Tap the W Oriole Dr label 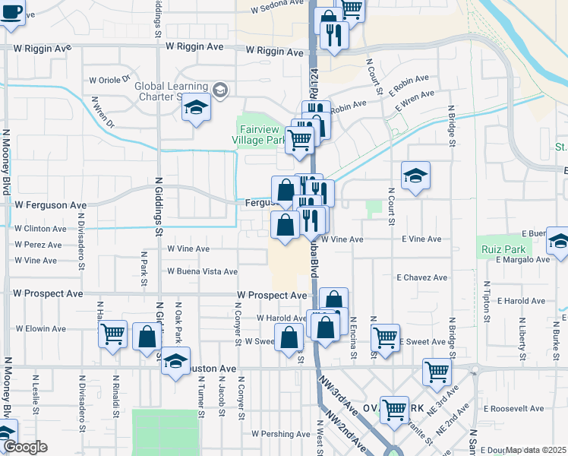(110, 79)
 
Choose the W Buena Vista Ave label (203, 271)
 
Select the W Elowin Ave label (41, 329)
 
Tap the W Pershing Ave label (281, 435)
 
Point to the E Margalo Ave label (522, 259)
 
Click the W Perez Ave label (39, 245)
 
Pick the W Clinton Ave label (39, 228)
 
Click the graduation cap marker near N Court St (415, 176)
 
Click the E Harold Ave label (523, 301)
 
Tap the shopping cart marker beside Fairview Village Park (301, 139)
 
